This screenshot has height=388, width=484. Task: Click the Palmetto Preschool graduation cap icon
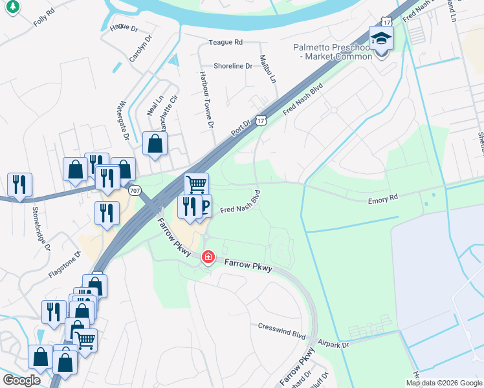[x=381, y=38]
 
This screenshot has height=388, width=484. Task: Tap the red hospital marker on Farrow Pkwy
[x=208, y=257]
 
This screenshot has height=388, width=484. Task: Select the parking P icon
[x=204, y=206]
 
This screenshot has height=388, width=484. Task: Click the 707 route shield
[x=135, y=191]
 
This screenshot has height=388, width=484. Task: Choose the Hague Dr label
[x=124, y=27]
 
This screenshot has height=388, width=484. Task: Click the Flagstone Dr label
[x=65, y=265]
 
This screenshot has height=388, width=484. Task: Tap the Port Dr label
[x=241, y=127]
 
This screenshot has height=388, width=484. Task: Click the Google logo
[x=22, y=380]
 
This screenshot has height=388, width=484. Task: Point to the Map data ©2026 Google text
[x=443, y=383]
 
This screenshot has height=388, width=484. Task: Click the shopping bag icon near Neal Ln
[x=155, y=145]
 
